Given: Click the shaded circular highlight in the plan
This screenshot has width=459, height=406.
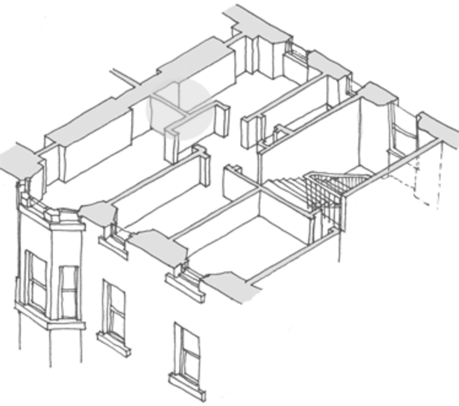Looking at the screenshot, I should tap(177, 109).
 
